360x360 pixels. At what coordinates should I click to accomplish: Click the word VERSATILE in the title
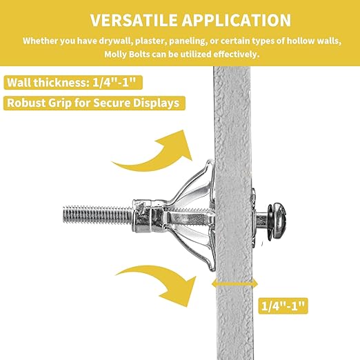click(134, 20)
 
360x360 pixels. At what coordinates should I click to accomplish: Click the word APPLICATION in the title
click(237, 20)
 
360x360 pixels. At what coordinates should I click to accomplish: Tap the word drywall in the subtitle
click(116, 41)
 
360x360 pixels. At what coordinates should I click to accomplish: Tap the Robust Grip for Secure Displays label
click(94, 103)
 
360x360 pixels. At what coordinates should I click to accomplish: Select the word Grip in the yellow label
click(59, 103)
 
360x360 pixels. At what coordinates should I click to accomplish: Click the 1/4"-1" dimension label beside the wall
click(283, 306)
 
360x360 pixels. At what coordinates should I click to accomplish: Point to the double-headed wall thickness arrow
click(234, 283)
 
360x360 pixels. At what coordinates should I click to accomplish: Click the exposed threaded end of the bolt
click(97, 216)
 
